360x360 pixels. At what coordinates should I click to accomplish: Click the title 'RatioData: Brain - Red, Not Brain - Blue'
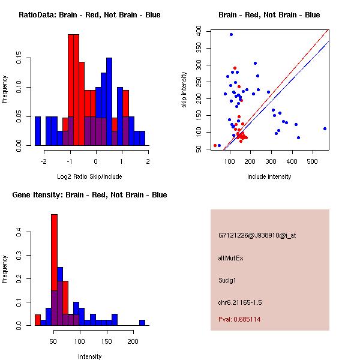point(89,15)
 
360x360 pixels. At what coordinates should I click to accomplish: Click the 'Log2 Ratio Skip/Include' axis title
point(89,178)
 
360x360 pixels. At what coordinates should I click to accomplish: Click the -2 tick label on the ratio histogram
point(44,162)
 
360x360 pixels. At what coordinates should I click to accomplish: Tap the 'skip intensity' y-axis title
point(185,90)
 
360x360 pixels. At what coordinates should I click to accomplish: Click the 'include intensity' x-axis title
point(269,176)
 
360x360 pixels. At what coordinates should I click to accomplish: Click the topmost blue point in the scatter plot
point(231,35)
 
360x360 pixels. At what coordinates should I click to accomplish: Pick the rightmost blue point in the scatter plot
point(325,128)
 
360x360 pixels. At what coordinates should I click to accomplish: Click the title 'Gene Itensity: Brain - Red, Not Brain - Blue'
point(89,195)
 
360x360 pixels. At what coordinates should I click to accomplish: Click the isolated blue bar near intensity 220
point(142,322)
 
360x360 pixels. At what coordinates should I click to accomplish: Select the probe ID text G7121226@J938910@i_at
point(257,235)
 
